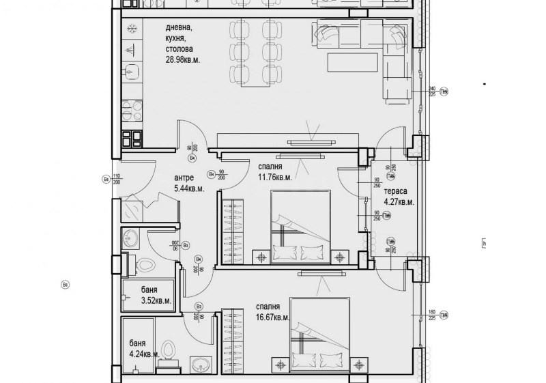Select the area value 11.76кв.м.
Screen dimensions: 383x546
tap(275, 177)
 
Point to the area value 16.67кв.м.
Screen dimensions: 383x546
tap(273, 317)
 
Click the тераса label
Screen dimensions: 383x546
tap(394, 191)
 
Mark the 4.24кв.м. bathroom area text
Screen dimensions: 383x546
tap(144, 354)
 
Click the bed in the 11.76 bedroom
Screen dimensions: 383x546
tap(301, 226)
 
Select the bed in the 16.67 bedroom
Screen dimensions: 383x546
tap(320, 335)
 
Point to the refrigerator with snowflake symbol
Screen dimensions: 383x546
tap(132, 29)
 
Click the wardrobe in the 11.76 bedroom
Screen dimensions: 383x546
tap(233, 231)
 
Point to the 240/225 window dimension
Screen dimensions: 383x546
tap(431, 92)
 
